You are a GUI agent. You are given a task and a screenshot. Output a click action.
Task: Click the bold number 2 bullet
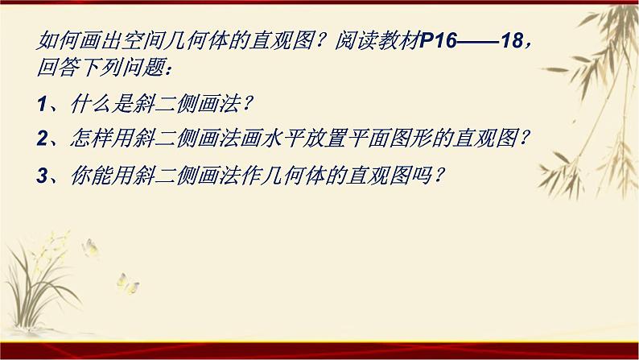coord(42,139)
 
